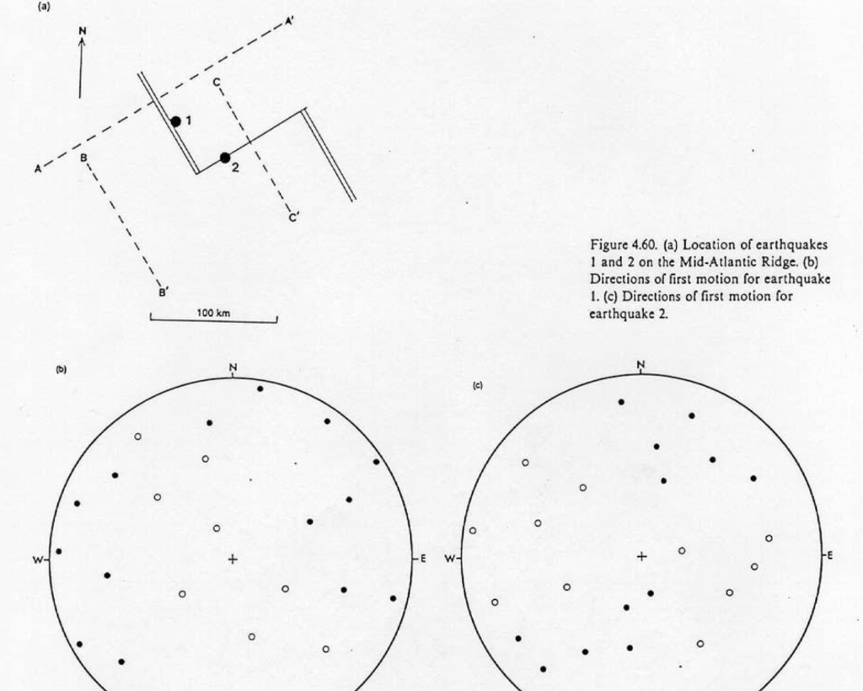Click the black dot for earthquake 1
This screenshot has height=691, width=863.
(x=175, y=121)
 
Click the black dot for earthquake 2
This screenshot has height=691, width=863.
(x=225, y=158)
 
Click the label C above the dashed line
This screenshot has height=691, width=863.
(x=217, y=82)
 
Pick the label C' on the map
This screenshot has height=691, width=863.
(x=293, y=217)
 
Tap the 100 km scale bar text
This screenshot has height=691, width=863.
(x=213, y=313)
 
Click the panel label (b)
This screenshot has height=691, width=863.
(x=61, y=369)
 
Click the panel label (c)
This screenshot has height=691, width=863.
(x=477, y=385)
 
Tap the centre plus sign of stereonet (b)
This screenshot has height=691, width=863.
(x=233, y=558)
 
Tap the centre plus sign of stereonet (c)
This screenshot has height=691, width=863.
(x=641, y=556)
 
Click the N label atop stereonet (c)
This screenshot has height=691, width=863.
(x=641, y=365)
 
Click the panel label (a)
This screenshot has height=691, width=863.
(x=44, y=5)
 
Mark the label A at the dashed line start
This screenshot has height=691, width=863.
(x=37, y=169)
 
